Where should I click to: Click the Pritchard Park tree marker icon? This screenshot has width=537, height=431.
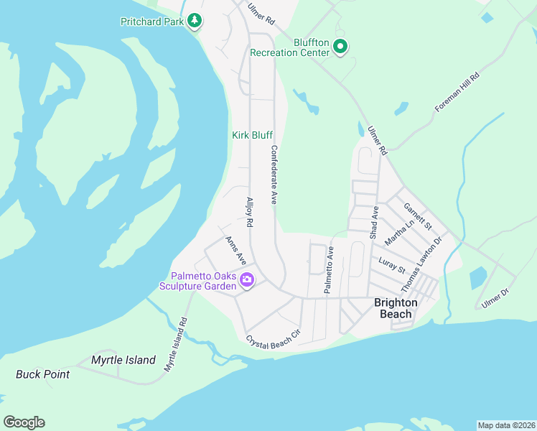coord(195,21)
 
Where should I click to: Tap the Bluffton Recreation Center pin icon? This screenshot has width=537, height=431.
coord(341,47)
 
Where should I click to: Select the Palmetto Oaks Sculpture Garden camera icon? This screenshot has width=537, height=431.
coord(247,280)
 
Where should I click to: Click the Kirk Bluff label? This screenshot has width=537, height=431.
coord(252,135)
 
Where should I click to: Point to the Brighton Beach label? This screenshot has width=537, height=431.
coord(396,308)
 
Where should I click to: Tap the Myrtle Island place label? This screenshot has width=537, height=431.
coord(123,360)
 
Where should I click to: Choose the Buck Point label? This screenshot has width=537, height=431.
coord(43,374)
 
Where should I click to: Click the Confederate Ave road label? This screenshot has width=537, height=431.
coord(274,176)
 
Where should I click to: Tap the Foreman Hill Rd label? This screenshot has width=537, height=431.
coord(457,91)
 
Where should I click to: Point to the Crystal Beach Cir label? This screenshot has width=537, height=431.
coord(272,342)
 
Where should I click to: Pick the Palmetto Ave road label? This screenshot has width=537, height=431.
coord(330,270)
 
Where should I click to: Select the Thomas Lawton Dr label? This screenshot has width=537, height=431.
coord(420,265)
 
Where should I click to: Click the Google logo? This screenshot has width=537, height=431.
coord(24,422)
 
